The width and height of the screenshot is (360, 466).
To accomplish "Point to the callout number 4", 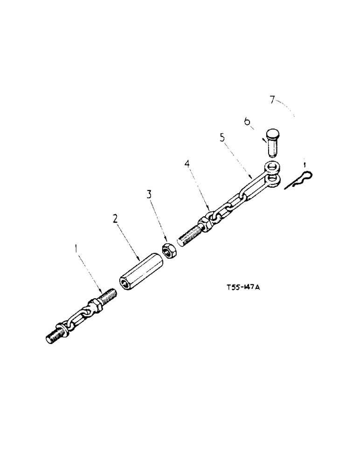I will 187,164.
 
